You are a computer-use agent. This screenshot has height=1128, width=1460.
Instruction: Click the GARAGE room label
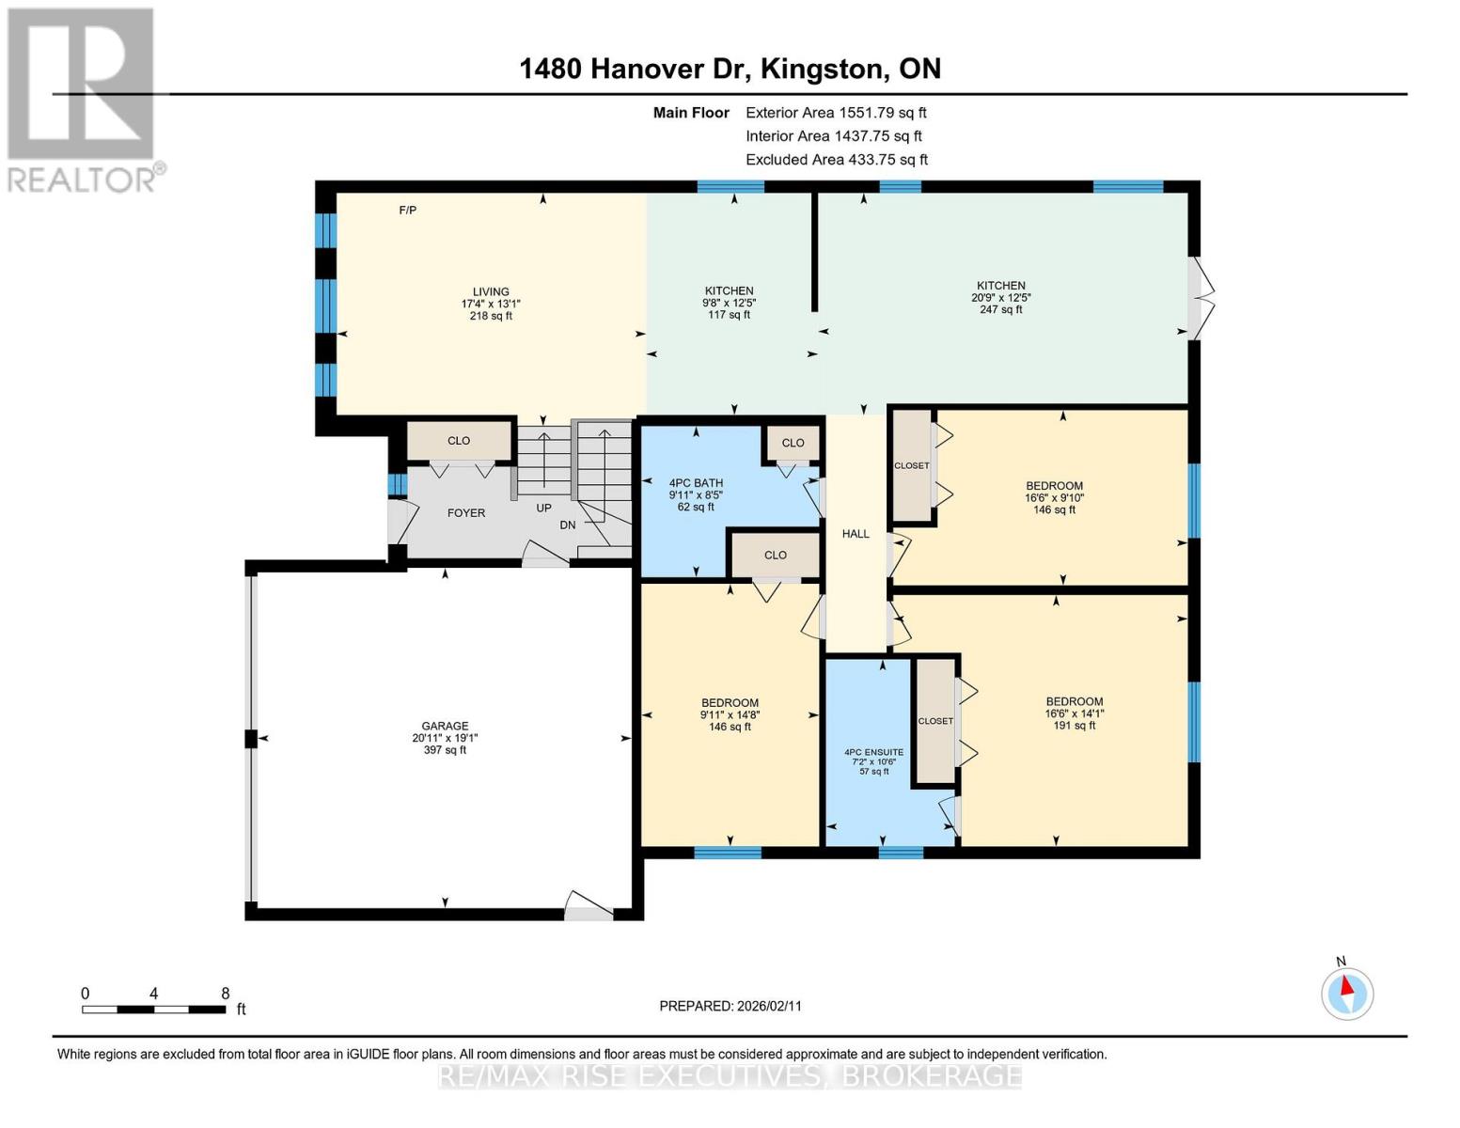pos(445,726)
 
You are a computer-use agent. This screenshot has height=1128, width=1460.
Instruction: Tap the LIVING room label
pos(491,291)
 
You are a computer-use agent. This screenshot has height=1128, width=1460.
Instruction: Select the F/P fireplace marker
pos(408,210)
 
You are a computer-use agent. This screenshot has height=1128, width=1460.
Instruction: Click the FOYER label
pos(466,513)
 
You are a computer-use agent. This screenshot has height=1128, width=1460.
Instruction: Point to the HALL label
pos(856,534)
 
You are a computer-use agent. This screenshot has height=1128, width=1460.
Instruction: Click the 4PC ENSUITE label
pos(873,752)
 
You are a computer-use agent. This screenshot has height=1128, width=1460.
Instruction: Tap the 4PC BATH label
pos(696,483)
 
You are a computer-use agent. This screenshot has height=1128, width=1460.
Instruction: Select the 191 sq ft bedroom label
pos(1075,726)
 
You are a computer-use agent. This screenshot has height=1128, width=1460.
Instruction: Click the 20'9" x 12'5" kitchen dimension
pos(1001,297)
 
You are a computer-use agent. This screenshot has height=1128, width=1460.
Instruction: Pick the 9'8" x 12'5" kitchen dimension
pos(730,303)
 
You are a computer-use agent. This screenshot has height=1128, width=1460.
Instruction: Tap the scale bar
pos(153,1010)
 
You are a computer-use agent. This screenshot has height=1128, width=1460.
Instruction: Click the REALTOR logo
pos(82,99)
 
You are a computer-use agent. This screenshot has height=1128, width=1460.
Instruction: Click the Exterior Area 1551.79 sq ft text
pos(836,112)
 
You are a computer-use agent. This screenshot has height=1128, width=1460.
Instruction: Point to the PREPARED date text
pos(730,1006)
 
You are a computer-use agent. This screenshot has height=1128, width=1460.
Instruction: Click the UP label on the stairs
pos(544,508)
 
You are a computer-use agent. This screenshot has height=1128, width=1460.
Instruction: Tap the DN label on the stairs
pos(568,525)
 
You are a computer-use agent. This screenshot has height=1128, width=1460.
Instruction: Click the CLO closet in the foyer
pos(459,440)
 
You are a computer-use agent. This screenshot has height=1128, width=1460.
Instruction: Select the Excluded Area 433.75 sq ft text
pos(837,160)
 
